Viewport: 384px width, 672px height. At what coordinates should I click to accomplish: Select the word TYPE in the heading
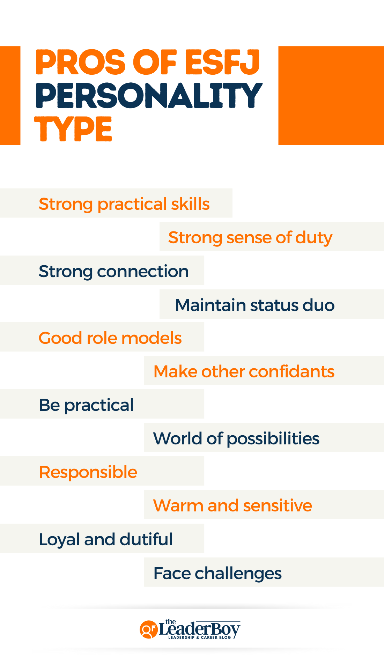coord(73,129)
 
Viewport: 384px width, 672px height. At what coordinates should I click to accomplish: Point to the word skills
coord(190,204)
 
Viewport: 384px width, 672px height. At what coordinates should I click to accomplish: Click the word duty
coord(313,238)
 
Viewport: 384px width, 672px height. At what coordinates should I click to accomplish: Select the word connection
coord(143,271)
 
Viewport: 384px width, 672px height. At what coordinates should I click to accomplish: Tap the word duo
coord(318,305)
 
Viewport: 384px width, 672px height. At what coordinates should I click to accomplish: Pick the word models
coord(152,338)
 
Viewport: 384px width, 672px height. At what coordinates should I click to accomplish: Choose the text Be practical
coord(86,405)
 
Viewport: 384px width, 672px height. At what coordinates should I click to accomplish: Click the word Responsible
coord(88,472)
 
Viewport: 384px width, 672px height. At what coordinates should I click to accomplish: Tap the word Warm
coord(178,505)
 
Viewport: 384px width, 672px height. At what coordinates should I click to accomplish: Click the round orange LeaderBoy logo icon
coord(148,629)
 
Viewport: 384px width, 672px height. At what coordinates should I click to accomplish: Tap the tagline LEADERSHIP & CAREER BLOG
coord(199,637)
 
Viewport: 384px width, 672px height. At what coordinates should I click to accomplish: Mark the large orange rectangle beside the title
coord(331,95)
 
